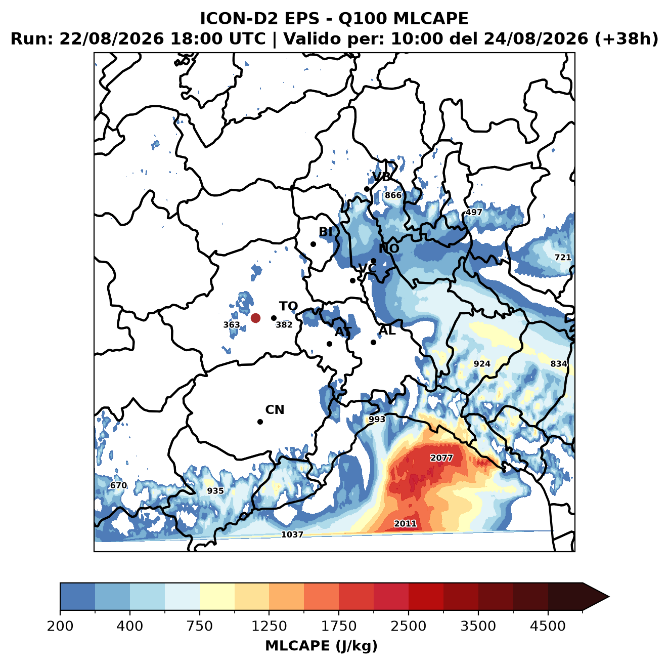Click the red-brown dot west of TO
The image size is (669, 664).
point(255,318)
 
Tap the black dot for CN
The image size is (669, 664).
point(260,422)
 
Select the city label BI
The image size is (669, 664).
point(325,232)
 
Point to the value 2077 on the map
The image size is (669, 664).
point(441,458)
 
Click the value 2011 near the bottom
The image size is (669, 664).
point(405,524)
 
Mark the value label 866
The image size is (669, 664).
point(393,195)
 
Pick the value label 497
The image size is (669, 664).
point(473,212)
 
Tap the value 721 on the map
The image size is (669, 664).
point(562,258)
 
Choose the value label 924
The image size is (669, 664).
point(482,364)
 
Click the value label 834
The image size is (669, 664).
point(559,364)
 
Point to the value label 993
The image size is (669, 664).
point(377,420)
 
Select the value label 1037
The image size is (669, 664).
point(292,534)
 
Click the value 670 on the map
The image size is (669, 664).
point(118,485)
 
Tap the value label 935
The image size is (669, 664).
point(215,490)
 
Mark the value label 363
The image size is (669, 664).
point(231,324)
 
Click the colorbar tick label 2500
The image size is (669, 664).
point(408,626)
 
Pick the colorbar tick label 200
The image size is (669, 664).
point(60,626)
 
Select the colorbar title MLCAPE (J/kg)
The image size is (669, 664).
point(321,646)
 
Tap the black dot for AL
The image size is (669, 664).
point(373,342)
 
